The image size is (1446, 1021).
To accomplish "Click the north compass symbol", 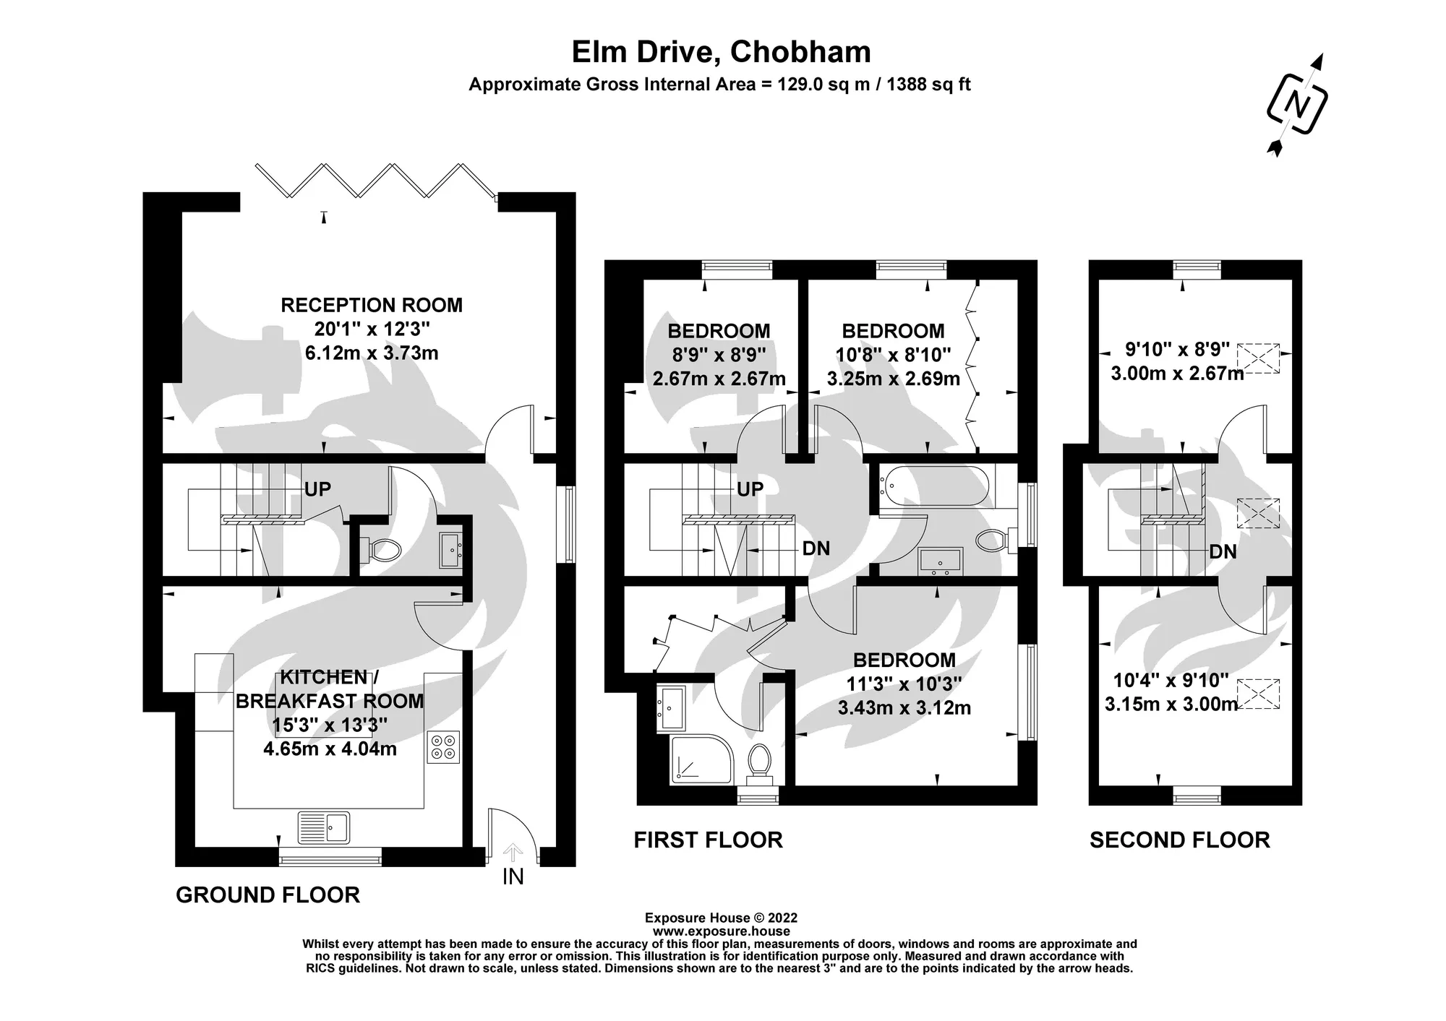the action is (1298, 104).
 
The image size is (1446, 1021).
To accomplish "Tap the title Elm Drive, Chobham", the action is (721, 52).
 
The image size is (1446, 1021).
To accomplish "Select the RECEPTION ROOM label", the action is (372, 305).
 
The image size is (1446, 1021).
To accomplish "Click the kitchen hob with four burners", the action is (444, 748).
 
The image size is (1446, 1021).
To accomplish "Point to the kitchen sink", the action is (323, 827).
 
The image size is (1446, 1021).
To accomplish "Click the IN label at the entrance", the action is (513, 876).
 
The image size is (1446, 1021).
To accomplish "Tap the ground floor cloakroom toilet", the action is (384, 551).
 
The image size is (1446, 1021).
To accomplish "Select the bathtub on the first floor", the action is (937, 486).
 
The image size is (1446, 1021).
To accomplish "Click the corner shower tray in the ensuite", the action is (701, 758).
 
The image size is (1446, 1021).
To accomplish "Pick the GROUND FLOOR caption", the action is (268, 895).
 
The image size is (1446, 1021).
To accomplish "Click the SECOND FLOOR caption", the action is (1180, 840).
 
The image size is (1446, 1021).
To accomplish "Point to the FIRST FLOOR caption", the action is (708, 840).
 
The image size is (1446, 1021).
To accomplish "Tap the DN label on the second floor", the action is (1223, 552).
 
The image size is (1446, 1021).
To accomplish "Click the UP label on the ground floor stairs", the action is (317, 489).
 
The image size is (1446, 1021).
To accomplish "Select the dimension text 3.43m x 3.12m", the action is (904, 708).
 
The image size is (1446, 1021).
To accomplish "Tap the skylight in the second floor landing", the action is (1259, 513).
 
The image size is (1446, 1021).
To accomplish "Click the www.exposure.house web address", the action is (721, 931).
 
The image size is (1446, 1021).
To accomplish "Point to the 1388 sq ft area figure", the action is (928, 85).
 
